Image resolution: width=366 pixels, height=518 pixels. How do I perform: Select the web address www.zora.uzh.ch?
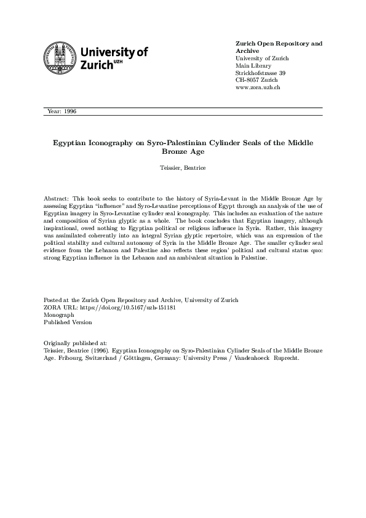[x=258, y=88]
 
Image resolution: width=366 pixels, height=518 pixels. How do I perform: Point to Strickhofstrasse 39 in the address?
[x=260, y=73]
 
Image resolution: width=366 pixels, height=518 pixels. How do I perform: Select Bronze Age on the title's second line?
[x=183, y=151]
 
